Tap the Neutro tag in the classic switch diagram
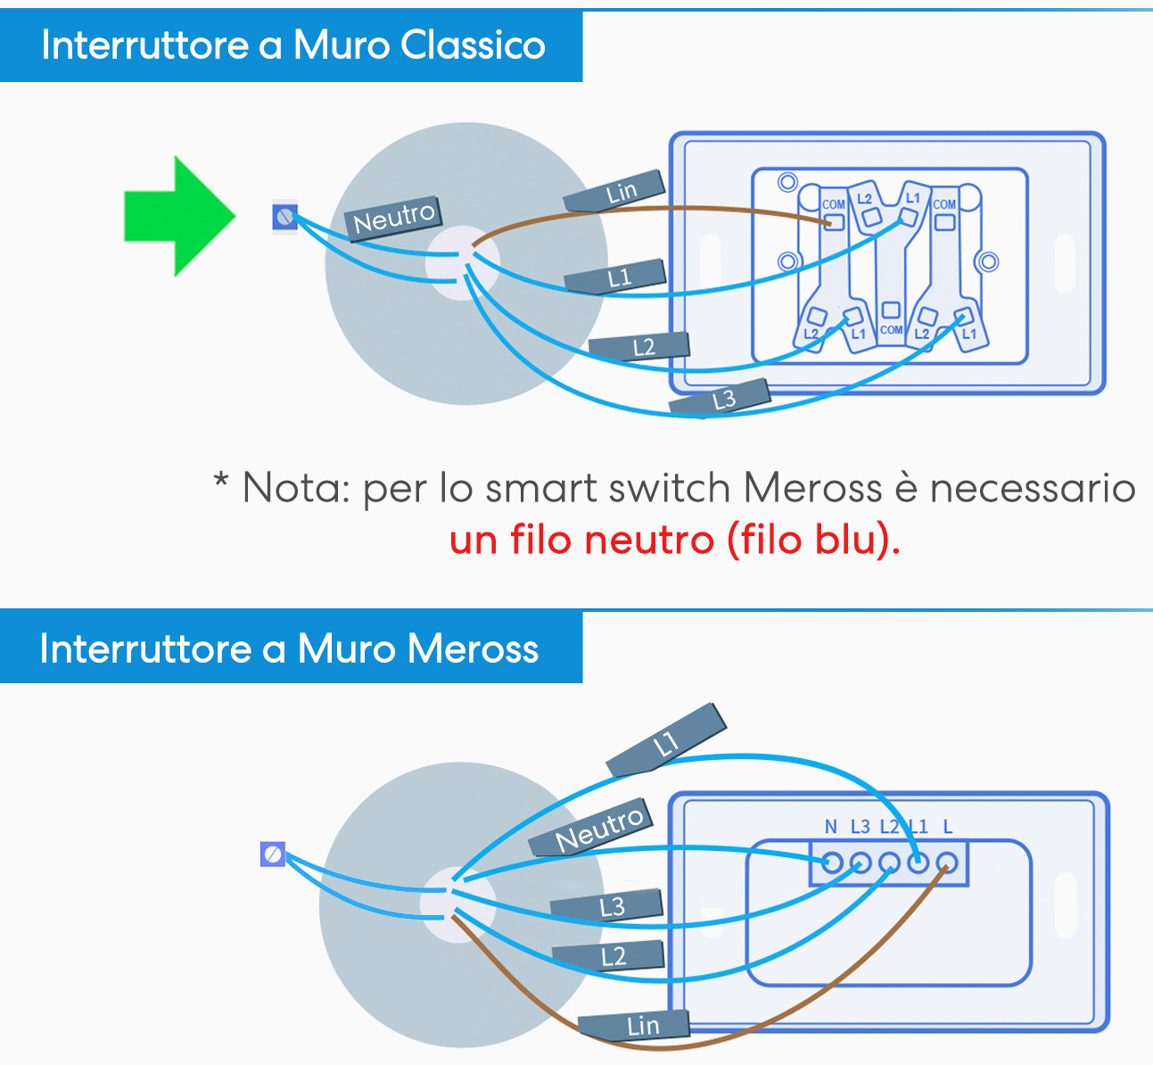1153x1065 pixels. pyautogui.click(x=393, y=218)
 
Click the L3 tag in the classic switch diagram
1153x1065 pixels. pyautogui.click(x=721, y=399)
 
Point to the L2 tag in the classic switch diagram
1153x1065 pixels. pyautogui.click(x=641, y=346)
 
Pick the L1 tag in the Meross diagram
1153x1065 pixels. pyautogui.click(x=666, y=740)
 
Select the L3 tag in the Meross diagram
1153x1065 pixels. pyautogui.click(x=609, y=907)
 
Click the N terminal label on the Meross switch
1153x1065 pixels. pyautogui.click(x=830, y=827)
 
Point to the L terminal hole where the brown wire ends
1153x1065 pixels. pyautogui.click(x=947, y=863)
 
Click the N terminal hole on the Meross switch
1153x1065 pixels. pyautogui.click(x=831, y=863)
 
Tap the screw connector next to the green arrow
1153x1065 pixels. pyautogui.click(x=284, y=217)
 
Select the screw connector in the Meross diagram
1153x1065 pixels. pyautogui.click(x=273, y=854)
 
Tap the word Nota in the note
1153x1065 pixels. pyautogui.click(x=295, y=488)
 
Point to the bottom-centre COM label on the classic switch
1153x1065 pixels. pyautogui.click(x=891, y=330)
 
